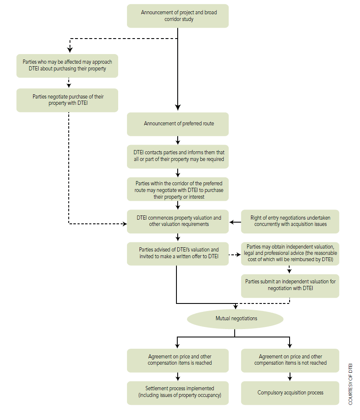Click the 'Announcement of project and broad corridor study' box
tap(178, 16)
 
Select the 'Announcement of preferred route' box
tap(178, 124)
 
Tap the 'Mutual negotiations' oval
tap(235, 319)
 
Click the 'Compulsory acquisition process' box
tap(290, 393)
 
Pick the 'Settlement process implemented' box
tap(178, 393)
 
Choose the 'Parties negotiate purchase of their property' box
tap(67, 100)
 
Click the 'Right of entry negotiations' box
tap(290, 221)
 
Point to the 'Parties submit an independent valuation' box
tap(290, 286)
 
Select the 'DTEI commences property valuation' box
tap(178, 221)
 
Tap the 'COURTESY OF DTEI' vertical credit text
tap(350, 384)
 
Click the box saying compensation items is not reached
tap(290, 360)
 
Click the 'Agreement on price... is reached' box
tap(178, 360)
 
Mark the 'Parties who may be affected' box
tap(67, 66)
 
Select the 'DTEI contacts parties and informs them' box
tap(178, 157)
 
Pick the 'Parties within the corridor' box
tap(178, 189)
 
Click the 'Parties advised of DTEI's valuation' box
tap(178, 254)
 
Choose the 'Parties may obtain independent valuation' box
tap(290, 254)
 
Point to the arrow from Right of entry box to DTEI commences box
tap(235, 222)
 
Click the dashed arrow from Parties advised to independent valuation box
tap(235, 255)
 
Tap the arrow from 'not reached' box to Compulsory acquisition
tap(290, 376)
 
